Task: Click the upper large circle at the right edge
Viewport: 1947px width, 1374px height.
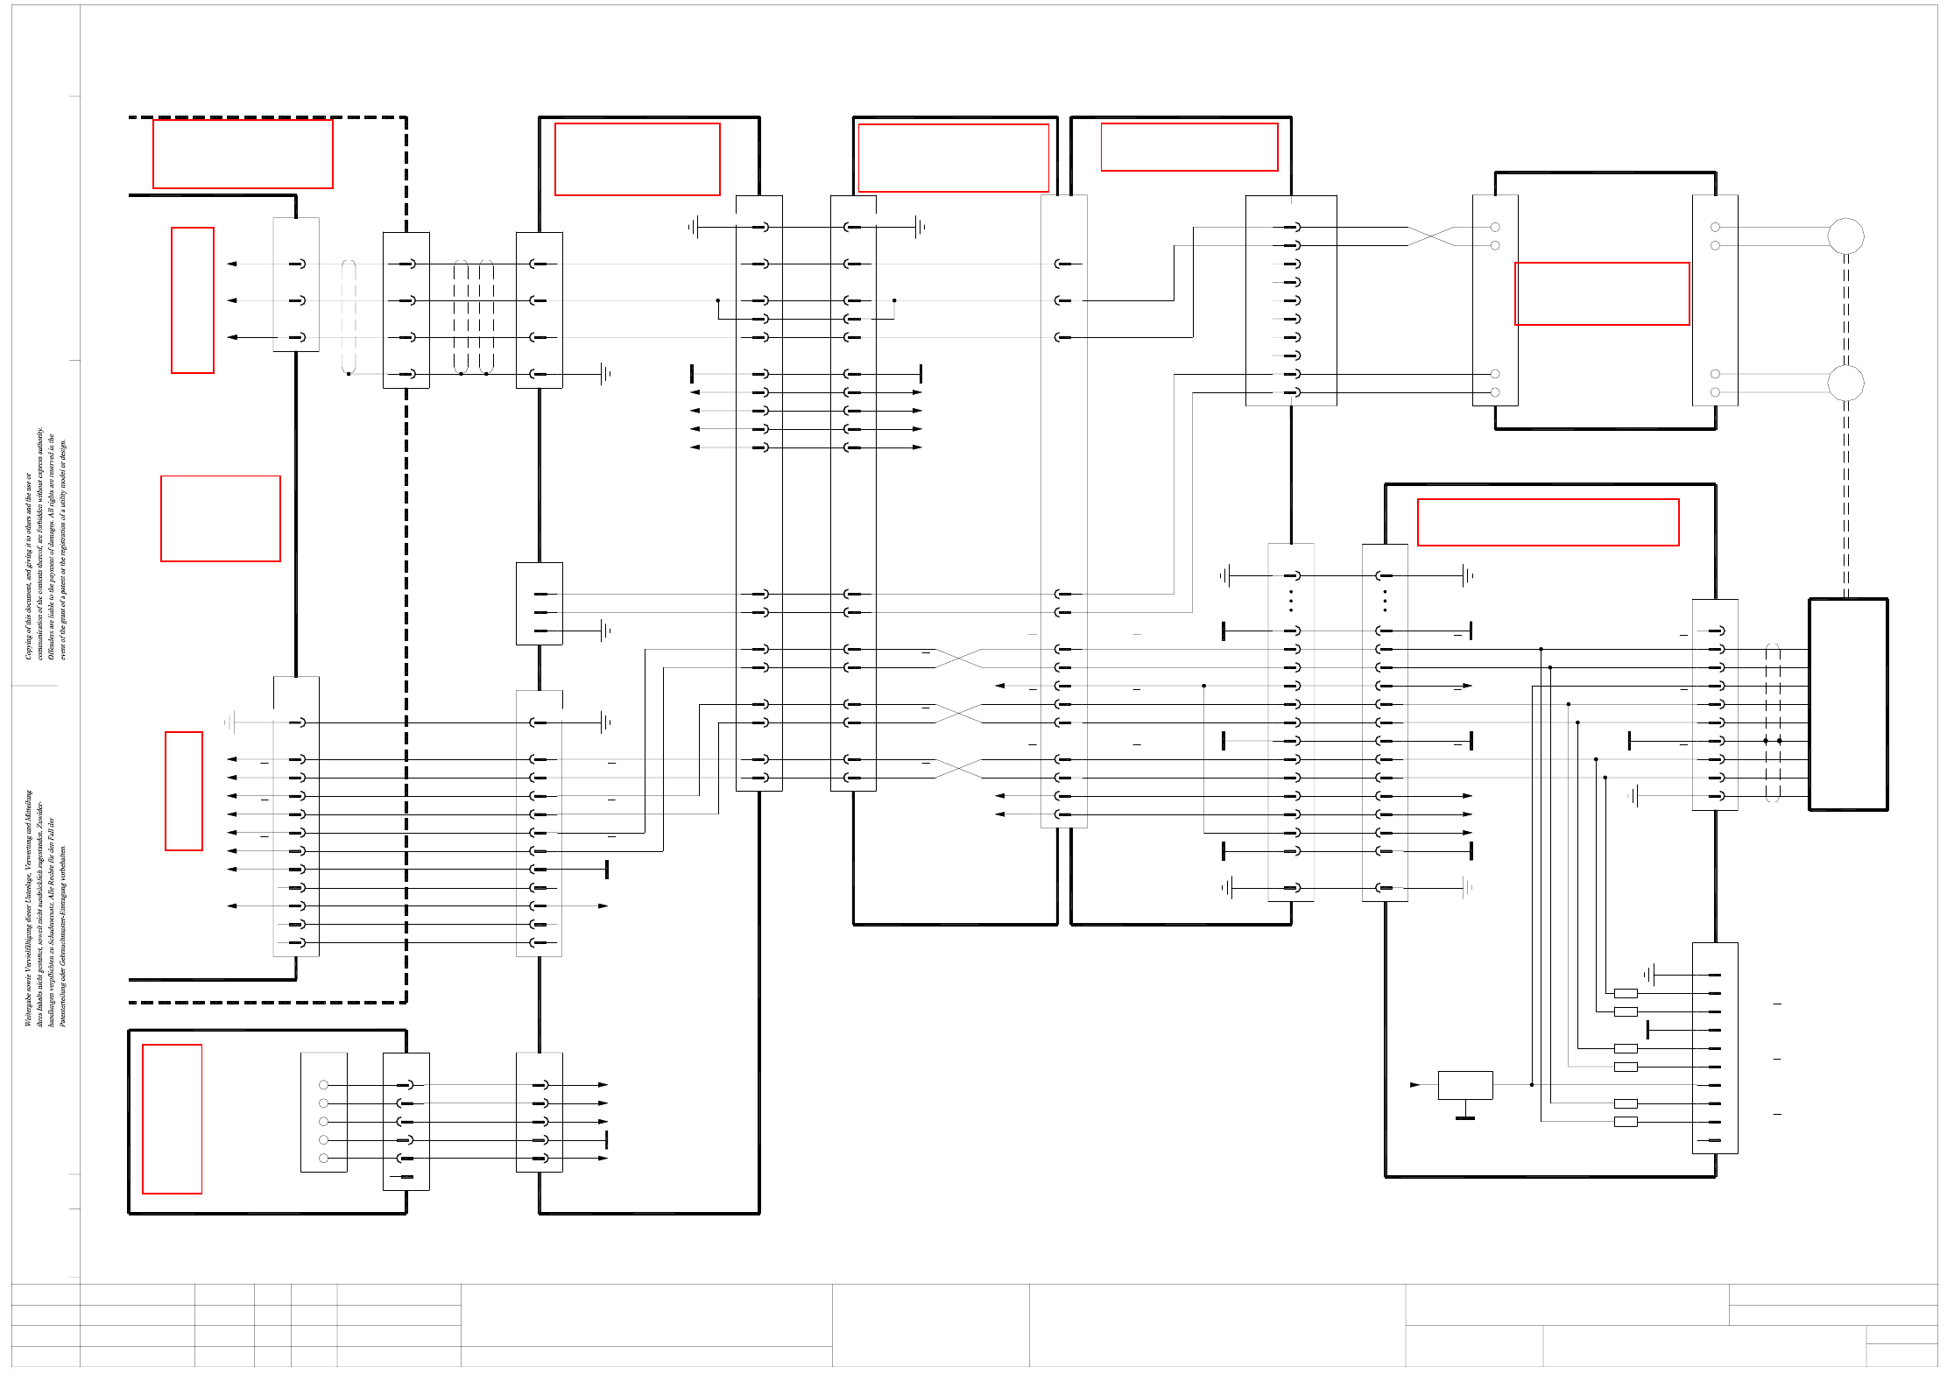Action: click(x=1845, y=236)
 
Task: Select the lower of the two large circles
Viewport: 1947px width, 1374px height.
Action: click(x=1845, y=383)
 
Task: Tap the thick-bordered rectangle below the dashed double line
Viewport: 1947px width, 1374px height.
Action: click(x=1848, y=705)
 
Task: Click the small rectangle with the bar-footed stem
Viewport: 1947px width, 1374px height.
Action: click(x=1465, y=1085)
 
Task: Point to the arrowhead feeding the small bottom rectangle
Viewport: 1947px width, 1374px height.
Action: click(x=1414, y=1085)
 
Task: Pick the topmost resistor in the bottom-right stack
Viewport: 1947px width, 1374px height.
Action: click(x=1626, y=993)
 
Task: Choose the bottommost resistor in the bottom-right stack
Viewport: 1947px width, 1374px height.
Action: click(x=1626, y=1122)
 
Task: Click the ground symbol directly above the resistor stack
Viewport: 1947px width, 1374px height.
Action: click(x=1649, y=975)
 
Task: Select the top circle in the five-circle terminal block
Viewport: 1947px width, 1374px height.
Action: click(x=324, y=1085)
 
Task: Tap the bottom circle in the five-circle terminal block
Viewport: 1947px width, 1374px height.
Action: click(x=324, y=1159)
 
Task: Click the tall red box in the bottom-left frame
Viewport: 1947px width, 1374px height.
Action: click(x=173, y=1119)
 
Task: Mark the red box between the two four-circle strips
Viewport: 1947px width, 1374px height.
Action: click(x=1602, y=293)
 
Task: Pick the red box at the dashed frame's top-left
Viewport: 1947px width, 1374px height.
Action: click(x=243, y=154)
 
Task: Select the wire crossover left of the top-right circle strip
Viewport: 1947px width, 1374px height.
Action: click(x=1430, y=236)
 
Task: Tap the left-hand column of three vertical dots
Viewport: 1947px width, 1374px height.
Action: click(x=1291, y=601)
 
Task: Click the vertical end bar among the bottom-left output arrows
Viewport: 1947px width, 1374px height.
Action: click(x=606, y=1139)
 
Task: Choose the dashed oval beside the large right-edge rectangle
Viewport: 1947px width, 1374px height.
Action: click(x=1773, y=722)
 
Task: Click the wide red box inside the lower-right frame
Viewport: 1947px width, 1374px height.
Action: click(x=1548, y=522)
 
